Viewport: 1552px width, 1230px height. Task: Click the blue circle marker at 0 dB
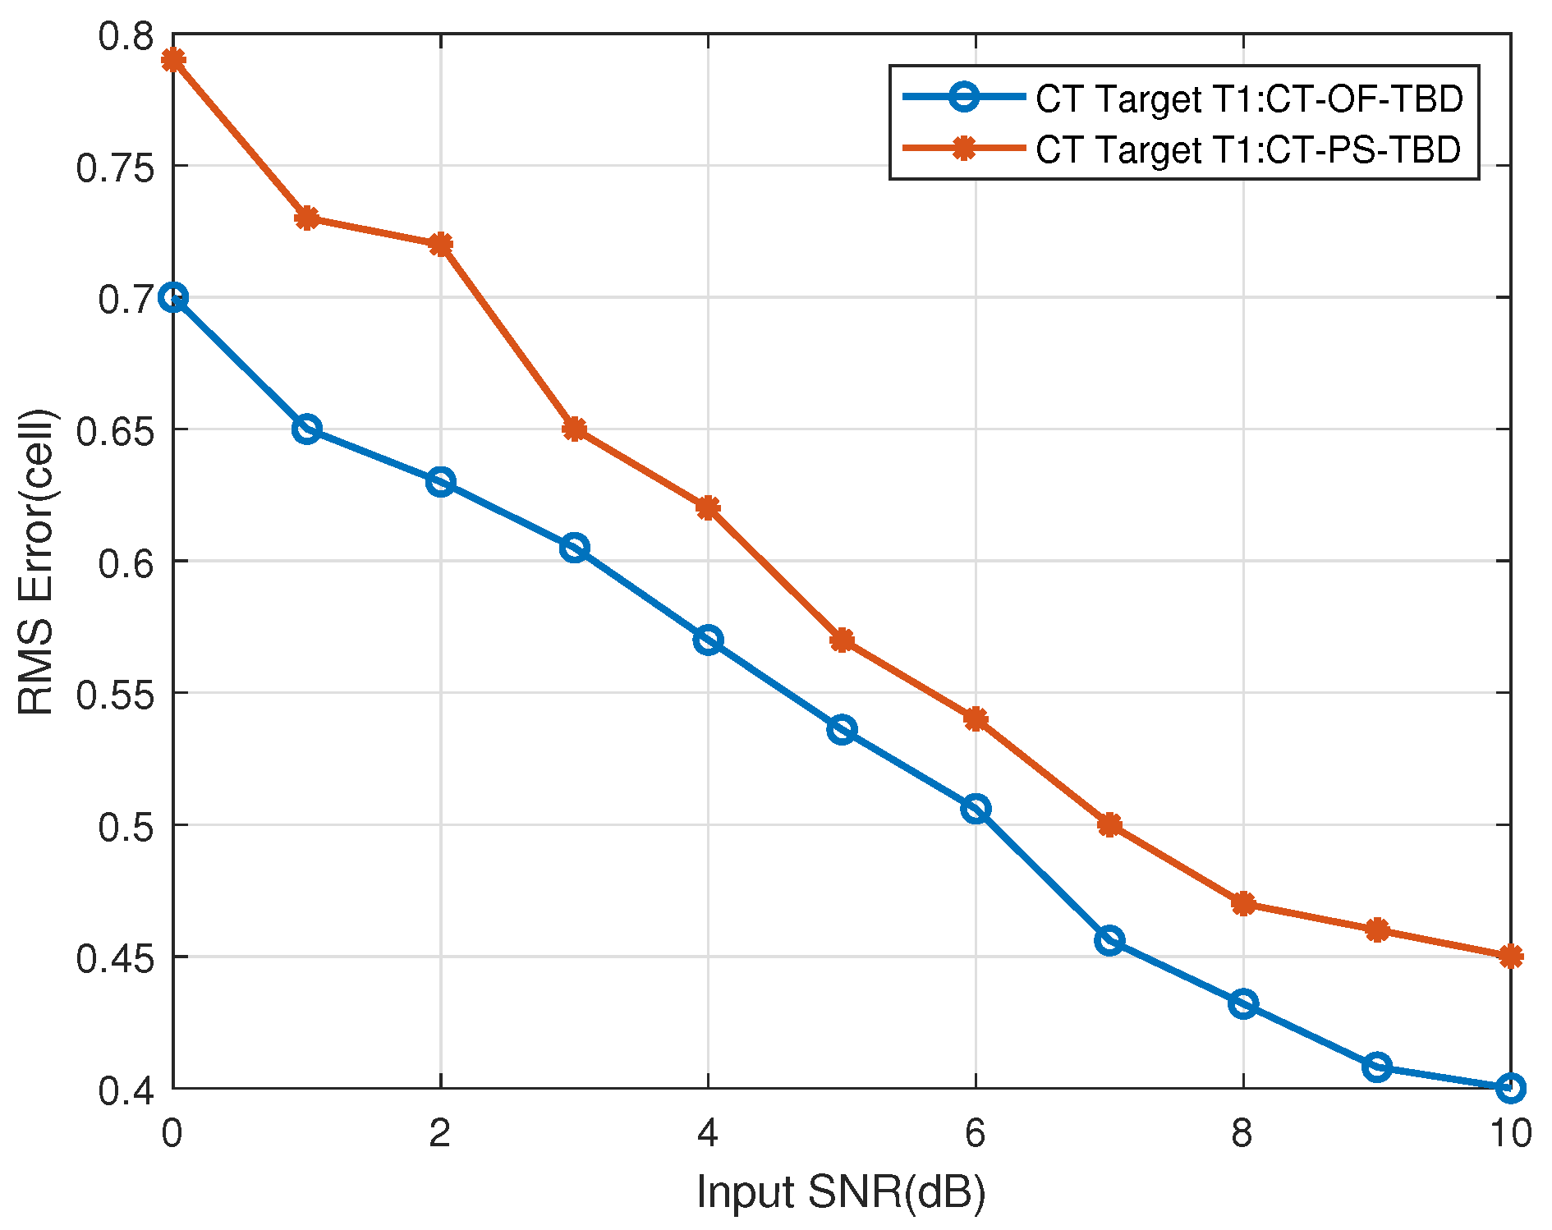click(172, 297)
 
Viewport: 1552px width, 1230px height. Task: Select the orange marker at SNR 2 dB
click(440, 245)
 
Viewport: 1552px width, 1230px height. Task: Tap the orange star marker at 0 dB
click(172, 60)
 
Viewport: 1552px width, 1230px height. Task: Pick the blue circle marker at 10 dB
click(1510, 1088)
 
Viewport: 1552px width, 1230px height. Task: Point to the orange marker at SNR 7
click(1109, 824)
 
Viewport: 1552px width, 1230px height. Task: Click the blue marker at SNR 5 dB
click(842, 729)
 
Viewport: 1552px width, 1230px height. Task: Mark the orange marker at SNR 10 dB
click(1510, 957)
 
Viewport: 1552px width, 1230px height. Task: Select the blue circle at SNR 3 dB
click(574, 548)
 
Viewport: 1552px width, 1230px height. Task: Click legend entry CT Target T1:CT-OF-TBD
click(1249, 99)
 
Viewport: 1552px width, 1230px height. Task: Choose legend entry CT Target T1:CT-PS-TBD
click(1248, 149)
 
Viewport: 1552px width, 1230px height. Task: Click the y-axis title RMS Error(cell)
click(36, 562)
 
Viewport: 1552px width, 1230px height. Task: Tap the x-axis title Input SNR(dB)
click(841, 1191)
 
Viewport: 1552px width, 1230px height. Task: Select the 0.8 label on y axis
click(126, 35)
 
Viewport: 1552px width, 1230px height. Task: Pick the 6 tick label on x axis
click(975, 1134)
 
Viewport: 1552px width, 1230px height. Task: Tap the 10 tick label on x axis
click(1510, 1134)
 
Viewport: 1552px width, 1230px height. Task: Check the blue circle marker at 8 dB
click(1243, 1003)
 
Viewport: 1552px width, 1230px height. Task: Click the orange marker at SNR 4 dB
click(708, 508)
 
